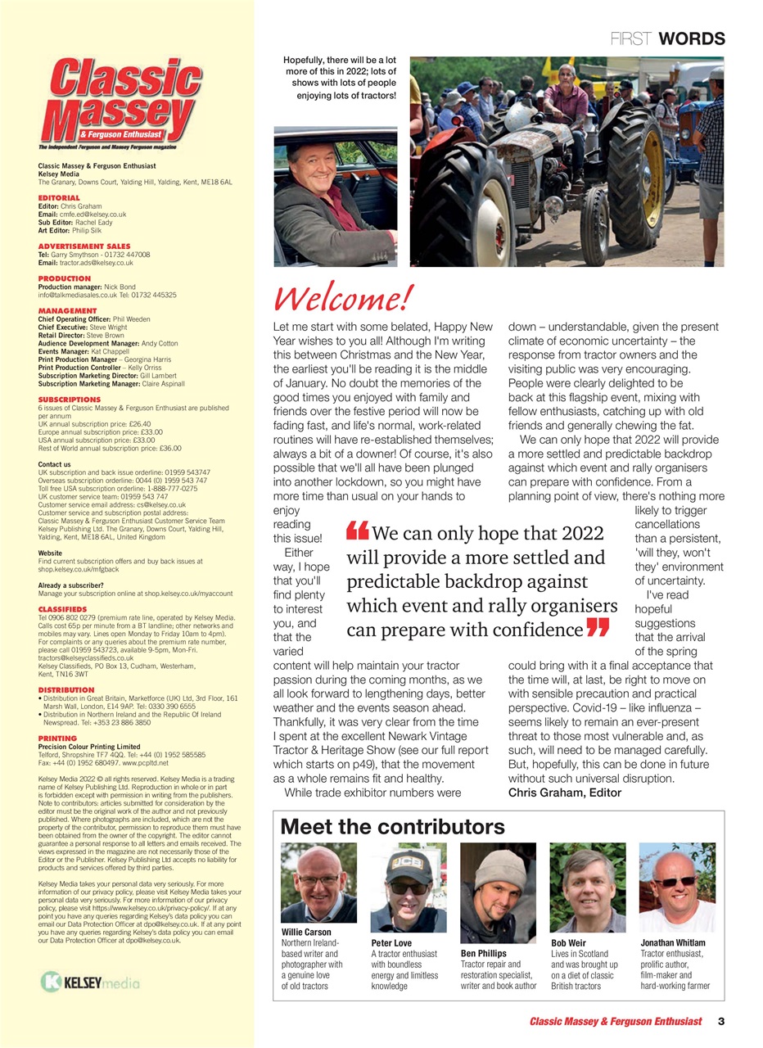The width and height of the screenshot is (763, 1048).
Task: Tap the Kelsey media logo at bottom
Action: [90, 982]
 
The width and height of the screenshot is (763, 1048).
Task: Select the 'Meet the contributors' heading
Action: [392, 826]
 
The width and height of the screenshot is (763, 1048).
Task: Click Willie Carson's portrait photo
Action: [318, 883]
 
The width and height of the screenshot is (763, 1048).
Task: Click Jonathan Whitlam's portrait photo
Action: [676, 883]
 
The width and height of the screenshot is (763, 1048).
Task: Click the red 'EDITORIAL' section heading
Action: [59, 198]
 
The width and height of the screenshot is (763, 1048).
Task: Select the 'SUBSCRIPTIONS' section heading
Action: [70, 400]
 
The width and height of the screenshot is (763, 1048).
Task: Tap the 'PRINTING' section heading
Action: [57, 738]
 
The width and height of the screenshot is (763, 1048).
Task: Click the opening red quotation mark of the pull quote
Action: [358, 532]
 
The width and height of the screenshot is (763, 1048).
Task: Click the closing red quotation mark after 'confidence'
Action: [598, 629]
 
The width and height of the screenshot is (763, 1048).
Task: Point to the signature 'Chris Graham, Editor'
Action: [565, 792]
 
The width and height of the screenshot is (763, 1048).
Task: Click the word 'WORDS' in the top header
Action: [691, 38]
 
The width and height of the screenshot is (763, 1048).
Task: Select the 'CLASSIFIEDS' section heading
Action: [62, 609]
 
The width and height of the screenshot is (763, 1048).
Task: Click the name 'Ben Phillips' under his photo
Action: [483, 953]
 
